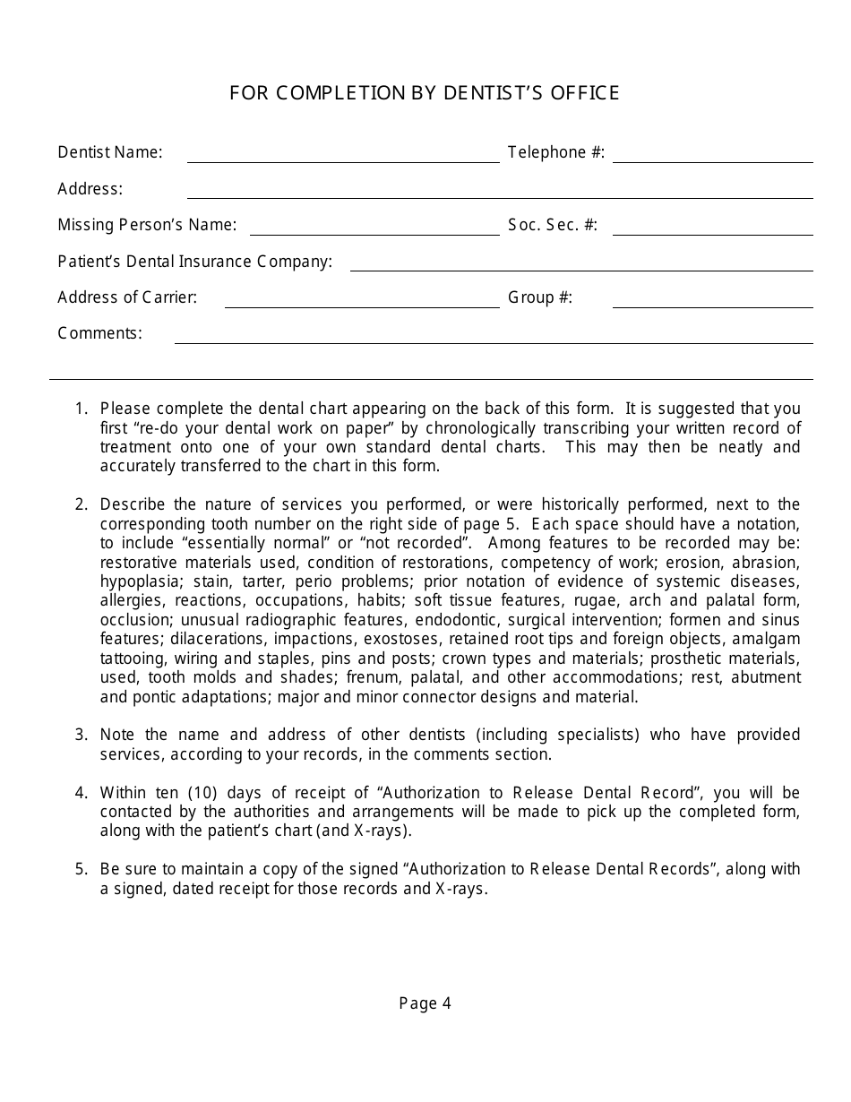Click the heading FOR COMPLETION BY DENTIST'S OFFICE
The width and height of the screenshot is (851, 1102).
[x=425, y=93]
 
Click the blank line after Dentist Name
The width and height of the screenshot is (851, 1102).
[x=343, y=156]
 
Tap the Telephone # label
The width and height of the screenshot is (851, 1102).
[x=556, y=152]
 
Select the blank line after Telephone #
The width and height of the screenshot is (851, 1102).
[x=712, y=156]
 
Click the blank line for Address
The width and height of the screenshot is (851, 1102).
[x=499, y=192]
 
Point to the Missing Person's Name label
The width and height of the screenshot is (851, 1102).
[x=147, y=225]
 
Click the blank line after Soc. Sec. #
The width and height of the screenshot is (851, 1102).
[x=712, y=228]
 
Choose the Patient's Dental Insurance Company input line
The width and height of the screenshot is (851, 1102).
[x=580, y=264]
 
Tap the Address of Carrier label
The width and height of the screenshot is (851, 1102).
[x=127, y=297]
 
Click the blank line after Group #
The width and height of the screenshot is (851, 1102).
[x=712, y=301]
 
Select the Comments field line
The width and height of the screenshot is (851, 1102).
[x=493, y=337]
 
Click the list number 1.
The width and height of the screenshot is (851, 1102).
[x=82, y=409]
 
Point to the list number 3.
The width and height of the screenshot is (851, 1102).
[x=82, y=735]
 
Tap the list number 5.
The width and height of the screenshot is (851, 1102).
[x=82, y=869]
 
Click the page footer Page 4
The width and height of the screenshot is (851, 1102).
[x=425, y=1003]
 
